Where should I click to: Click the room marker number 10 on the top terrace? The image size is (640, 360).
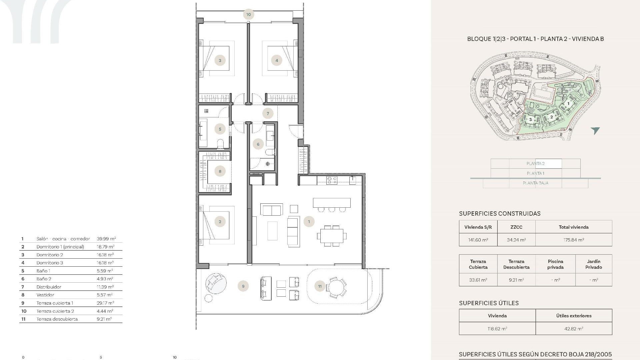[248, 14]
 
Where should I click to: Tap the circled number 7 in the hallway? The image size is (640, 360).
[268, 113]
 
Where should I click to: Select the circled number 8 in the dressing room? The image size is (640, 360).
[220, 171]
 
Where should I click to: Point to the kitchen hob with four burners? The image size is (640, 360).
[332, 180]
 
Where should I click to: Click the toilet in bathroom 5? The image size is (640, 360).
[220, 144]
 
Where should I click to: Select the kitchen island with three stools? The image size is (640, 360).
[332, 203]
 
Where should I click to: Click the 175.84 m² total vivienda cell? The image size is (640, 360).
[573, 240]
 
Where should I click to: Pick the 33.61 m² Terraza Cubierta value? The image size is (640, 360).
[478, 280]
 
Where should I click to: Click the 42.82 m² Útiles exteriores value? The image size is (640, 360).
[573, 329]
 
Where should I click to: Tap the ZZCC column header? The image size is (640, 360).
[516, 227]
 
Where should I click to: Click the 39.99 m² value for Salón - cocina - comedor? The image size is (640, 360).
[106, 239]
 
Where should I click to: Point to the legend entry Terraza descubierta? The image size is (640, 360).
[57, 319]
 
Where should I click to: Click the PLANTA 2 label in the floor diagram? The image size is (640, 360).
[535, 163]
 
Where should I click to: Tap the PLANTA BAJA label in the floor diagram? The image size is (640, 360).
[535, 183]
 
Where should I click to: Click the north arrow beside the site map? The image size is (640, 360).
[595, 130]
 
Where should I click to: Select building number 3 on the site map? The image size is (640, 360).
[530, 119]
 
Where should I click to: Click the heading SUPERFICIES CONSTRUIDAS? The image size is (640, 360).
[499, 214]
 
